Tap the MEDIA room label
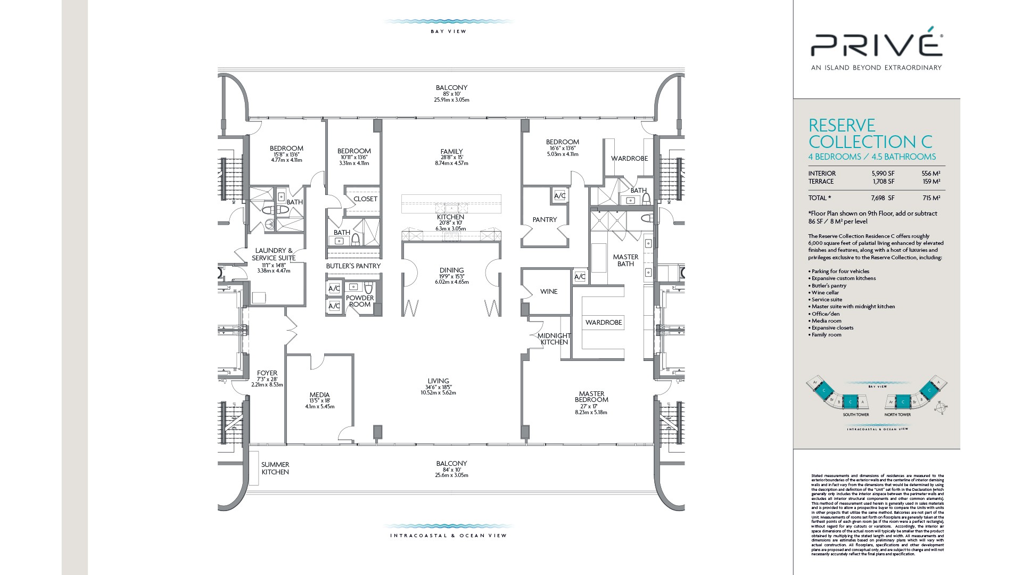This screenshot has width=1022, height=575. click(319, 395)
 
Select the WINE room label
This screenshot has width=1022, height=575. click(549, 291)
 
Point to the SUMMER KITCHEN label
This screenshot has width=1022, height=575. click(275, 468)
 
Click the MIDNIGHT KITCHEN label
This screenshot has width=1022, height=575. click(554, 339)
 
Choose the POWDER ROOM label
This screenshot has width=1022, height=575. click(360, 301)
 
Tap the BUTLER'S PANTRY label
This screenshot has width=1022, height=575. click(353, 266)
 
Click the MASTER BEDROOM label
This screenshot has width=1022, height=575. click(591, 397)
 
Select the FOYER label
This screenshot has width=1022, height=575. click(267, 373)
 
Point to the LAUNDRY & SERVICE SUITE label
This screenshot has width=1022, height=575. click(274, 254)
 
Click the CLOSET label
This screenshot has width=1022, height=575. click(365, 199)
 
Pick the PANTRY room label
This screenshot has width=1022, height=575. click(545, 219)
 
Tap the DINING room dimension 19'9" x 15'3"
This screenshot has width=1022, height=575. click(451, 276)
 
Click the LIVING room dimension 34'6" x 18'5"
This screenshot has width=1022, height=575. click(438, 387)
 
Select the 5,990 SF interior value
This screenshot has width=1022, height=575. click(883, 174)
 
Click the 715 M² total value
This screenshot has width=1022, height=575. click(930, 198)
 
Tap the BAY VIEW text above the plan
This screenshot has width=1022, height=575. click(448, 31)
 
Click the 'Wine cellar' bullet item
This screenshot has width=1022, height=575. click(825, 292)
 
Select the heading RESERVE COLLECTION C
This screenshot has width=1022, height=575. click(870, 133)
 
